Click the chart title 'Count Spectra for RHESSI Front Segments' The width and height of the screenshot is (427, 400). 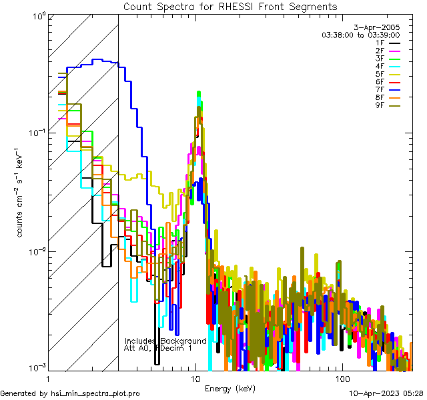click(230, 6)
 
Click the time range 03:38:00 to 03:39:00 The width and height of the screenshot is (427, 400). click(360, 34)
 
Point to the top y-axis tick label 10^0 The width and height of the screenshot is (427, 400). click(37, 14)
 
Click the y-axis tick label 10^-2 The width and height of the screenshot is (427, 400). click(35, 251)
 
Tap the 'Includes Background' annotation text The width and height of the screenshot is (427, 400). click(165, 341)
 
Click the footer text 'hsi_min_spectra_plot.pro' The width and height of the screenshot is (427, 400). click(95, 393)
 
